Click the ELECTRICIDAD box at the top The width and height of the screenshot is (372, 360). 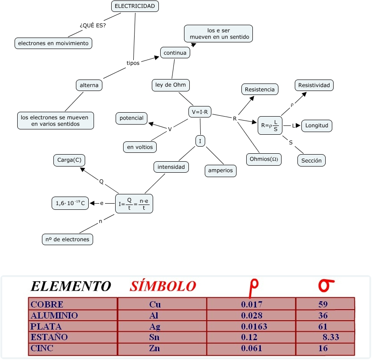pos(135,6)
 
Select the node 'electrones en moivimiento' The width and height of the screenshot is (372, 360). pos(53,43)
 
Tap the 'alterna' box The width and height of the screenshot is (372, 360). pos(89,85)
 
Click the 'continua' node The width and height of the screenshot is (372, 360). pos(175,53)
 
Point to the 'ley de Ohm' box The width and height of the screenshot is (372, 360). pos(170,85)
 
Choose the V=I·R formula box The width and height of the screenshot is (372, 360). pos(199,112)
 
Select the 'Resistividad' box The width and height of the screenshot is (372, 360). pos(314,85)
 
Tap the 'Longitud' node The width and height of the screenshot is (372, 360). pos(316,125)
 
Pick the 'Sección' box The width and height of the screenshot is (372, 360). pos(312,160)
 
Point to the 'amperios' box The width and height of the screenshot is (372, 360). pos(220,171)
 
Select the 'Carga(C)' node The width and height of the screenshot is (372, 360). pos(69,160)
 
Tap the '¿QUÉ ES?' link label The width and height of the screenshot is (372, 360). pos(93,25)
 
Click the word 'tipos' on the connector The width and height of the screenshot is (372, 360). pos(133,63)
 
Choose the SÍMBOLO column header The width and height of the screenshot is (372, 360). pos(162,286)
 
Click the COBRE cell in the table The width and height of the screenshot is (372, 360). pos(47,304)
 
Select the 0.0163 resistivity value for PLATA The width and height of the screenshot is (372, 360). pos(254,327)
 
